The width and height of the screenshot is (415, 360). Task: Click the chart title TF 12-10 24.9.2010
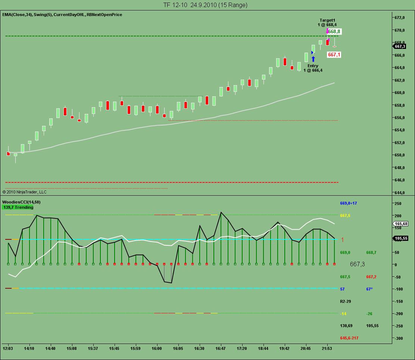205,5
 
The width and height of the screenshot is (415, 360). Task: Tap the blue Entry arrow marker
313,59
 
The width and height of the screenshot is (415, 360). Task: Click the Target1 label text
327,20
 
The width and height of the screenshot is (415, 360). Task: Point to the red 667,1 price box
334,55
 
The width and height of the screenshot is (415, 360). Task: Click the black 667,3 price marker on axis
400,46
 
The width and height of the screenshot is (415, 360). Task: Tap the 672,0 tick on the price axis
400,18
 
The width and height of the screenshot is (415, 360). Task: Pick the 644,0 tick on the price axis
400,193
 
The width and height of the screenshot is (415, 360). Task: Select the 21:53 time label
327,348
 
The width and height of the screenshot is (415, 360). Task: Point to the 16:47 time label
221,348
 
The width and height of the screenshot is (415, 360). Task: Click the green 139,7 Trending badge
18,207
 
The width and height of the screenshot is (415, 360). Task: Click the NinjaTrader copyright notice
25,192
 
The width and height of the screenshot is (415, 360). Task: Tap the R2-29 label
346,301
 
